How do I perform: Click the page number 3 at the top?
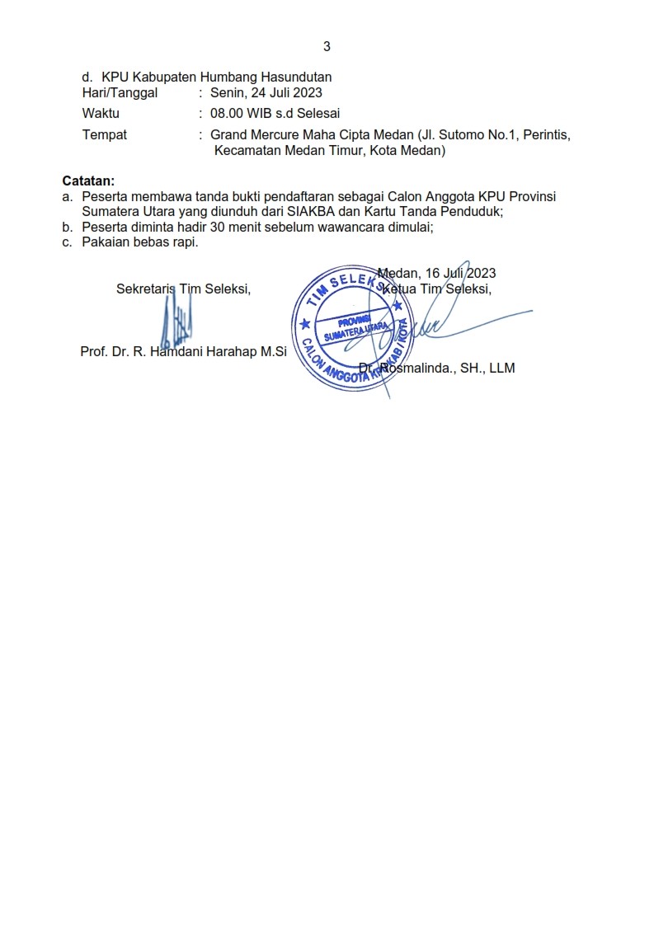click(327, 46)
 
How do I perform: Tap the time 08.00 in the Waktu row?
click(227, 114)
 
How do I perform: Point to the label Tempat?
click(105, 134)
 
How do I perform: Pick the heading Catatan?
click(89, 181)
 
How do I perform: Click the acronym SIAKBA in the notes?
click(303, 211)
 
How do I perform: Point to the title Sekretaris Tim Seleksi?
click(183, 289)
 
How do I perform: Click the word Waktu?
click(101, 114)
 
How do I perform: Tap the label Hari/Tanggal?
click(120, 93)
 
